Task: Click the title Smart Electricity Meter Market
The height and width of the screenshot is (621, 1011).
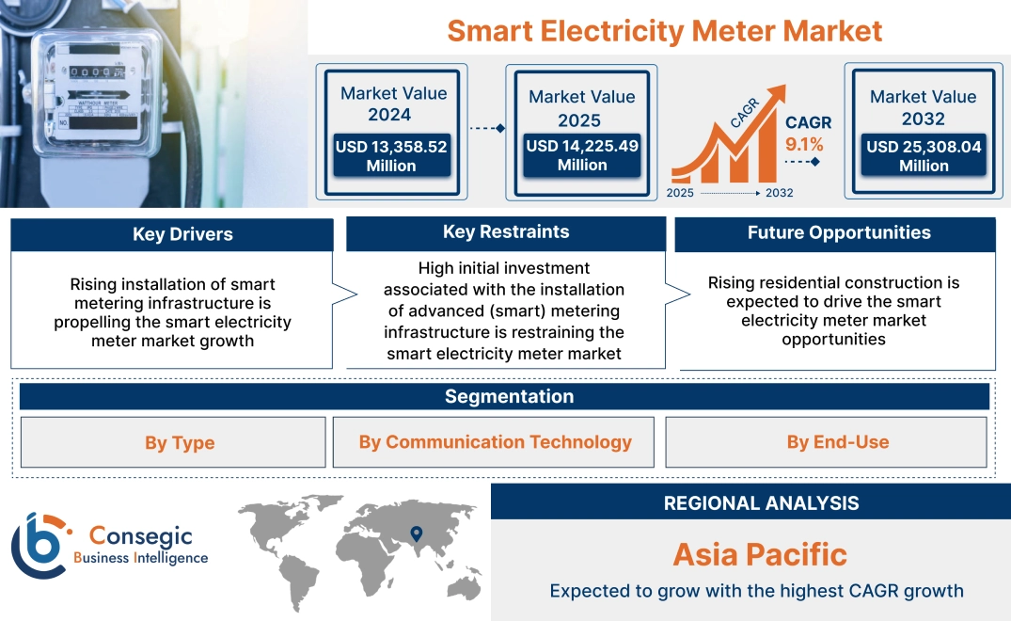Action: tap(664, 30)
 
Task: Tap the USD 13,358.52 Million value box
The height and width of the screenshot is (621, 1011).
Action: tap(390, 155)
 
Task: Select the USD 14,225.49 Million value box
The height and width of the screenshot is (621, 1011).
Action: tap(581, 155)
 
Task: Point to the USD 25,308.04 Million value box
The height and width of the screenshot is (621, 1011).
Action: tap(923, 155)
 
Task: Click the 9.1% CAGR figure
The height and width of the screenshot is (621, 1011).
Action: tap(804, 144)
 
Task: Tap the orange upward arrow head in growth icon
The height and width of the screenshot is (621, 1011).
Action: tap(776, 92)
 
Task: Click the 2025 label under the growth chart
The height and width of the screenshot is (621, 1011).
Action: tap(680, 193)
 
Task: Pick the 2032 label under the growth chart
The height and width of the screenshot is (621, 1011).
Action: tap(779, 193)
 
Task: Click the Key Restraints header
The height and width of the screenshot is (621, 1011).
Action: tap(506, 232)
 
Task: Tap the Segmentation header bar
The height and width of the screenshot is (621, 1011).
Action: tap(509, 396)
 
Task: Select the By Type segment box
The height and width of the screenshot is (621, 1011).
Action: tap(180, 442)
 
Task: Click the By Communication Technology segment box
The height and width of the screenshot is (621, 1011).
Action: tap(495, 442)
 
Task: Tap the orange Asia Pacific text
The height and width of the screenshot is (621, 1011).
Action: tap(760, 554)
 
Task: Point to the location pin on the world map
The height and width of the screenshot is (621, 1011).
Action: tap(415, 533)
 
